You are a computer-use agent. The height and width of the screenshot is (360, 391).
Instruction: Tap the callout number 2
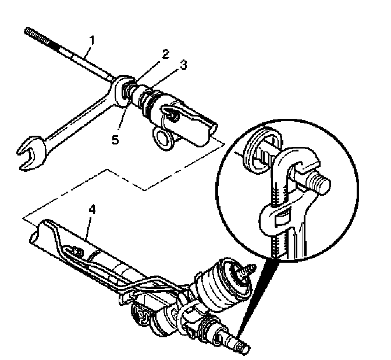click(x=166, y=54)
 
